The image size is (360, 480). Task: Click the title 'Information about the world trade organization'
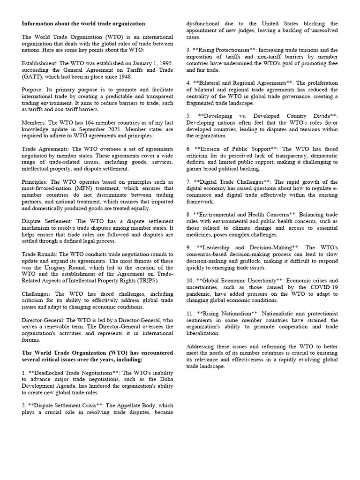click(x=83, y=23)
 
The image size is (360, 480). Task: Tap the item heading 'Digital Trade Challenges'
click(x=231, y=182)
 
